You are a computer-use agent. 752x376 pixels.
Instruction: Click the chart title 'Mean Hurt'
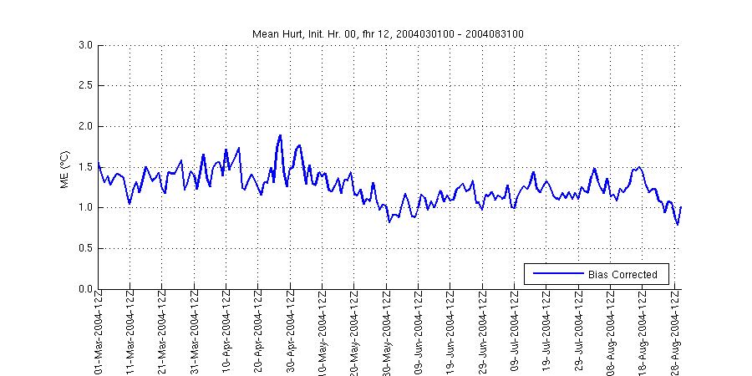(389, 33)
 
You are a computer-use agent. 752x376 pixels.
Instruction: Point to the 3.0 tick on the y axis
(84, 45)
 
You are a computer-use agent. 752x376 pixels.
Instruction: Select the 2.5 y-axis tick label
(84, 85)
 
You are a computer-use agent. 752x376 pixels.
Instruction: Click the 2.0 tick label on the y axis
(84, 126)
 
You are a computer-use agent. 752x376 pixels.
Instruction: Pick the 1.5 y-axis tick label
(84, 167)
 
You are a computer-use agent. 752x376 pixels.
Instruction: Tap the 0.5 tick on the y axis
(84, 248)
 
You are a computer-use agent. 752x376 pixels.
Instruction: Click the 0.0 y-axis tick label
(84, 289)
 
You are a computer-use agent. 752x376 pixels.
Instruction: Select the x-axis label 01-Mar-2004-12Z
(99, 332)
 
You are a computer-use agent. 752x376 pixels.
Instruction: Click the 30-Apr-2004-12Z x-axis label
(291, 332)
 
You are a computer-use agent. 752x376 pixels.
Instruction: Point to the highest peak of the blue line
(280, 135)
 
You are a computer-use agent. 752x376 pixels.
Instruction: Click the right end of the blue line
(681, 206)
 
